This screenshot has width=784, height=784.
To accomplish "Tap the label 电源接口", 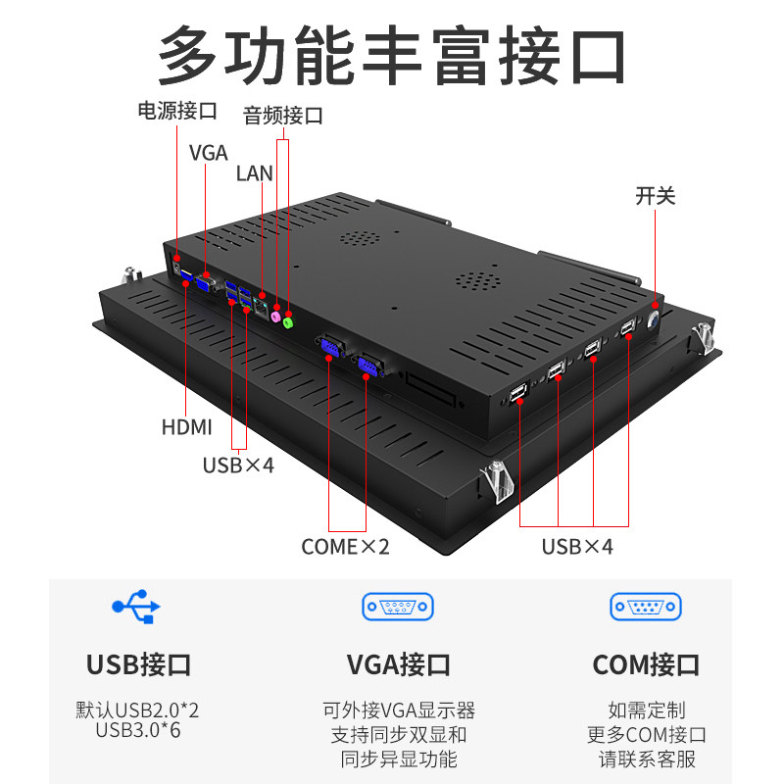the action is point(176,111).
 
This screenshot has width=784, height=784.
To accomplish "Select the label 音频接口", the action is point(283,116).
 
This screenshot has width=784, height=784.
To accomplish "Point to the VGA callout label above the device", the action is point(208,153).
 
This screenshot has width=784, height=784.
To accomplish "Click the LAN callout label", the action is point(255,173).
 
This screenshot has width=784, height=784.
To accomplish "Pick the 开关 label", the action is point(656,196).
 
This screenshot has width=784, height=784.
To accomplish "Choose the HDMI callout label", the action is point(186,427).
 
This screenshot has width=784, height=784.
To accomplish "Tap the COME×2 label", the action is point(345,546).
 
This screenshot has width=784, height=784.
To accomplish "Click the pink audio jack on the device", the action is point(276,317).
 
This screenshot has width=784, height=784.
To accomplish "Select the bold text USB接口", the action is point(138,665).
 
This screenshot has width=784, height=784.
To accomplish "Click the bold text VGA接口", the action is point(398,665).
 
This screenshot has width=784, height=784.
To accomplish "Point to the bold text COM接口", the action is point(646,665).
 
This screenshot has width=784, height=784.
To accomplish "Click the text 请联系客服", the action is point(646,758).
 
